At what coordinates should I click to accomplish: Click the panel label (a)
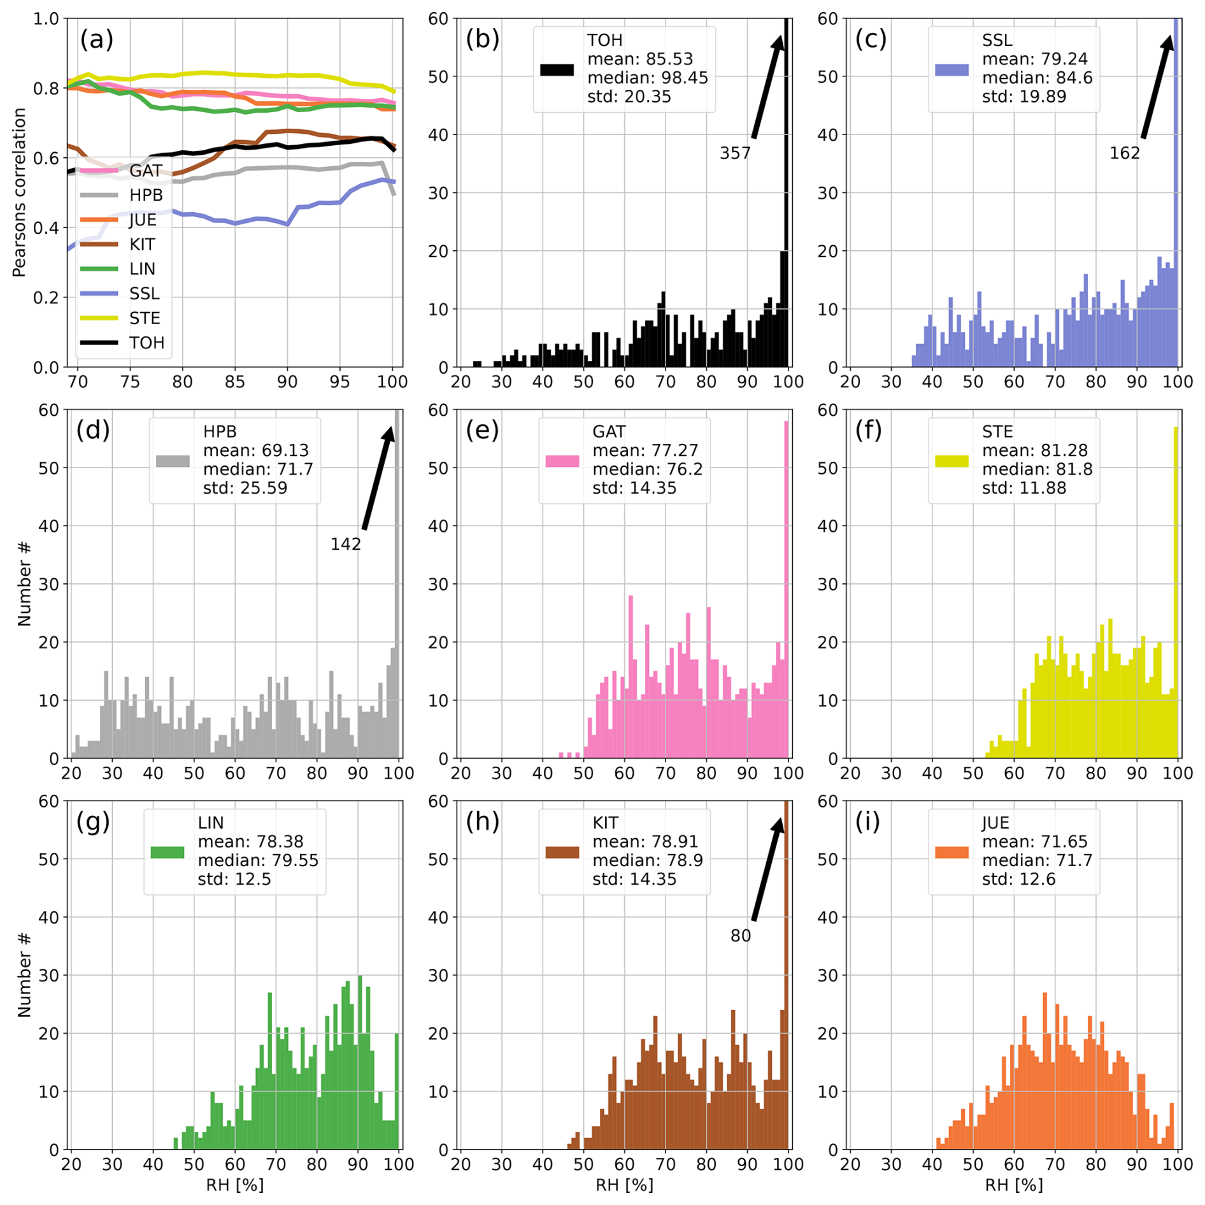97,40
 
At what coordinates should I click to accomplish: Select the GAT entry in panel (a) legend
146,171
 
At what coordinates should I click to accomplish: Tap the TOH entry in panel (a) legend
146,343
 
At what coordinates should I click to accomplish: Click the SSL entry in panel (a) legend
145,294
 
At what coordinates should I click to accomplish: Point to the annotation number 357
735,153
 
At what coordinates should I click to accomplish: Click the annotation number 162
1124,153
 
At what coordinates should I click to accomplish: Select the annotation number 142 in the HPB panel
345,545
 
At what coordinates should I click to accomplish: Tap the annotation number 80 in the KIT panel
740,936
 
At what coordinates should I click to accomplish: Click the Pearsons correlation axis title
19,192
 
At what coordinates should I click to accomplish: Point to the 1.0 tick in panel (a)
46,19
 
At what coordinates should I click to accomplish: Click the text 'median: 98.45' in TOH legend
647,78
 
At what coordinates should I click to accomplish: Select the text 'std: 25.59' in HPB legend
245,488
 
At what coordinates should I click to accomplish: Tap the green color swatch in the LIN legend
167,852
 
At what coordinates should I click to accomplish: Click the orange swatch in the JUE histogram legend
952,852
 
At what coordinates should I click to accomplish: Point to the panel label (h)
482,822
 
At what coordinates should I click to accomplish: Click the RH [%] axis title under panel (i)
1014,1185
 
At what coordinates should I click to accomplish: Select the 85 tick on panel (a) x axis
234,382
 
